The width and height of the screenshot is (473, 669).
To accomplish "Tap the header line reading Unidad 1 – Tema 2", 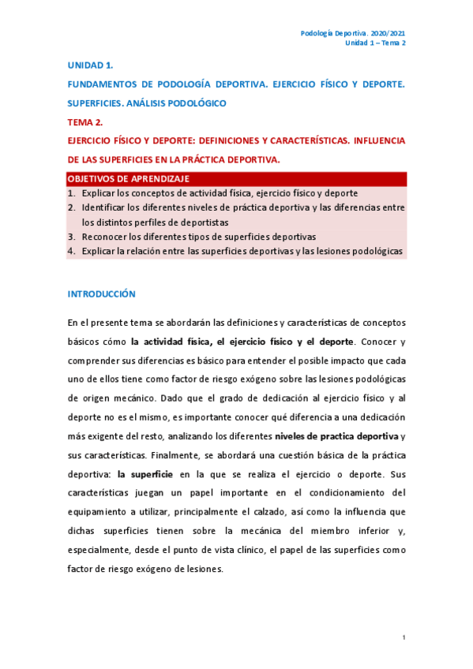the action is click(376, 43).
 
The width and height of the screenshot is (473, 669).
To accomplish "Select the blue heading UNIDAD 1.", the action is click(84, 65).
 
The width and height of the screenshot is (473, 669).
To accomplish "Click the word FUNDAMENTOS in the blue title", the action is click(102, 84).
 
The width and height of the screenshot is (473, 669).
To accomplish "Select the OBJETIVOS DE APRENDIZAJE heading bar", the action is click(236, 179).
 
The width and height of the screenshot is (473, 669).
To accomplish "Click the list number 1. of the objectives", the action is click(71, 193).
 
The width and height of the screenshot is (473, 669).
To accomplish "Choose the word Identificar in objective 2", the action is click(103, 207).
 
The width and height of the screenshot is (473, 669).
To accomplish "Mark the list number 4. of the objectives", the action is click(71, 251).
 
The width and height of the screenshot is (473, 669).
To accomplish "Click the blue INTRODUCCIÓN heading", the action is click(101, 293).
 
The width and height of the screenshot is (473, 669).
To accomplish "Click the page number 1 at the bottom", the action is click(404, 637).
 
